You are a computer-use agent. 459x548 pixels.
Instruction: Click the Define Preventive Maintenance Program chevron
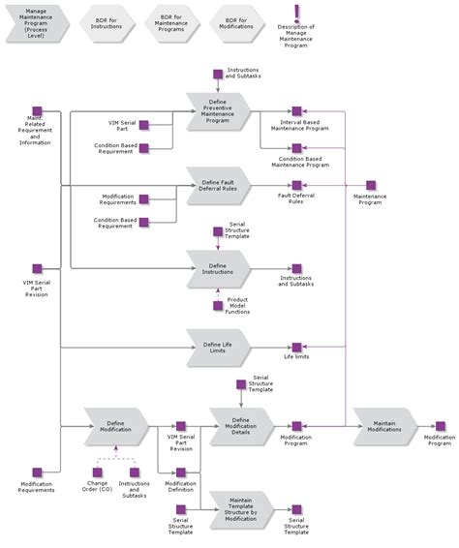(x=218, y=111)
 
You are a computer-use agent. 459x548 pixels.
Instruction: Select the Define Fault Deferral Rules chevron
(x=218, y=186)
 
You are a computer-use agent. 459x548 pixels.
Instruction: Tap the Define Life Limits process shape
(x=218, y=348)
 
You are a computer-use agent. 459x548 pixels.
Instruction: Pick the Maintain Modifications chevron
(x=385, y=426)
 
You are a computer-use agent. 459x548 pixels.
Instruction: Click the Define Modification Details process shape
(x=241, y=426)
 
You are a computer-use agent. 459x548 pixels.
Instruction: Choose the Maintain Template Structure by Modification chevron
(x=241, y=510)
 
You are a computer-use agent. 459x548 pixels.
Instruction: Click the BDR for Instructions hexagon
(x=107, y=23)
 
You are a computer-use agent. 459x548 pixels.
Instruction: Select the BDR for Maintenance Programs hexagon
(x=171, y=23)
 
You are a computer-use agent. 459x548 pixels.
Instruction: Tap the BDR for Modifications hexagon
(x=236, y=23)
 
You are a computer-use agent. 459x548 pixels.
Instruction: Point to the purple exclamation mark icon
(x=296, y=14)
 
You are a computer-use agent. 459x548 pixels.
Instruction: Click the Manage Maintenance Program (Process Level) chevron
(x=37, y=23)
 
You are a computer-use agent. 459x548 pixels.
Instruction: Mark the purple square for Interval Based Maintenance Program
(x=296, y=111)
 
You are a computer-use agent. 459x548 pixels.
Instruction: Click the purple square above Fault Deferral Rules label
(x=296, y=185)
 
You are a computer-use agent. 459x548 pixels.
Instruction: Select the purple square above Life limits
(x=296, y=347)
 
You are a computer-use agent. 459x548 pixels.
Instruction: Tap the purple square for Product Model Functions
(x=218, y=306)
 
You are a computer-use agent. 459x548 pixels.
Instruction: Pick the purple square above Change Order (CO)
(x=98, y=472)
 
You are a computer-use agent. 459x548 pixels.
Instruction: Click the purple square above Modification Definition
(x=181, y=472)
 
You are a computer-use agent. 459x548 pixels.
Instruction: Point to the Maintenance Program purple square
(x=371, y=185)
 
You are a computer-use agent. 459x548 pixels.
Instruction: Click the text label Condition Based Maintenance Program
(x=300, y=162)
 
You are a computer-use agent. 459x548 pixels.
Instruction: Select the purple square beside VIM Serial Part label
(x=143, y=125)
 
